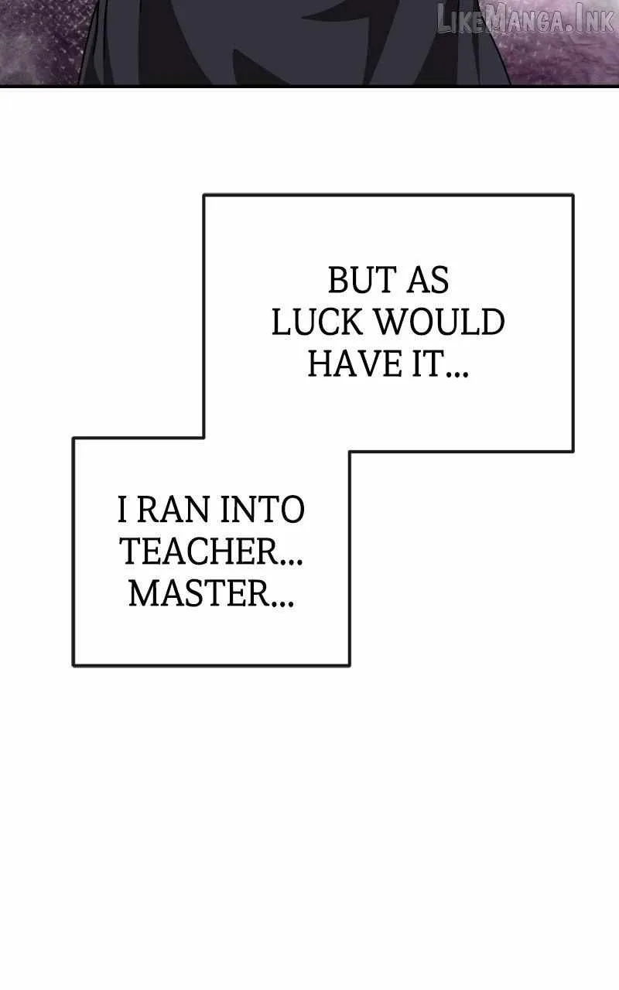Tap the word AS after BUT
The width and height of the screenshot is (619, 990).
click(428, 280)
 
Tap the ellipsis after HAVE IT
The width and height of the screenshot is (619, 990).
click(457, 374)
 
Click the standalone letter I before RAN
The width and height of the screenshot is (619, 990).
click(122, 509)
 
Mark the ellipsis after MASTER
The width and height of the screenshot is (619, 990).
click(283, 603)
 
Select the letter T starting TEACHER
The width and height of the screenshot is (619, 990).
click(131, 551)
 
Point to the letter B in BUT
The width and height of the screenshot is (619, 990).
click(339, 280)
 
